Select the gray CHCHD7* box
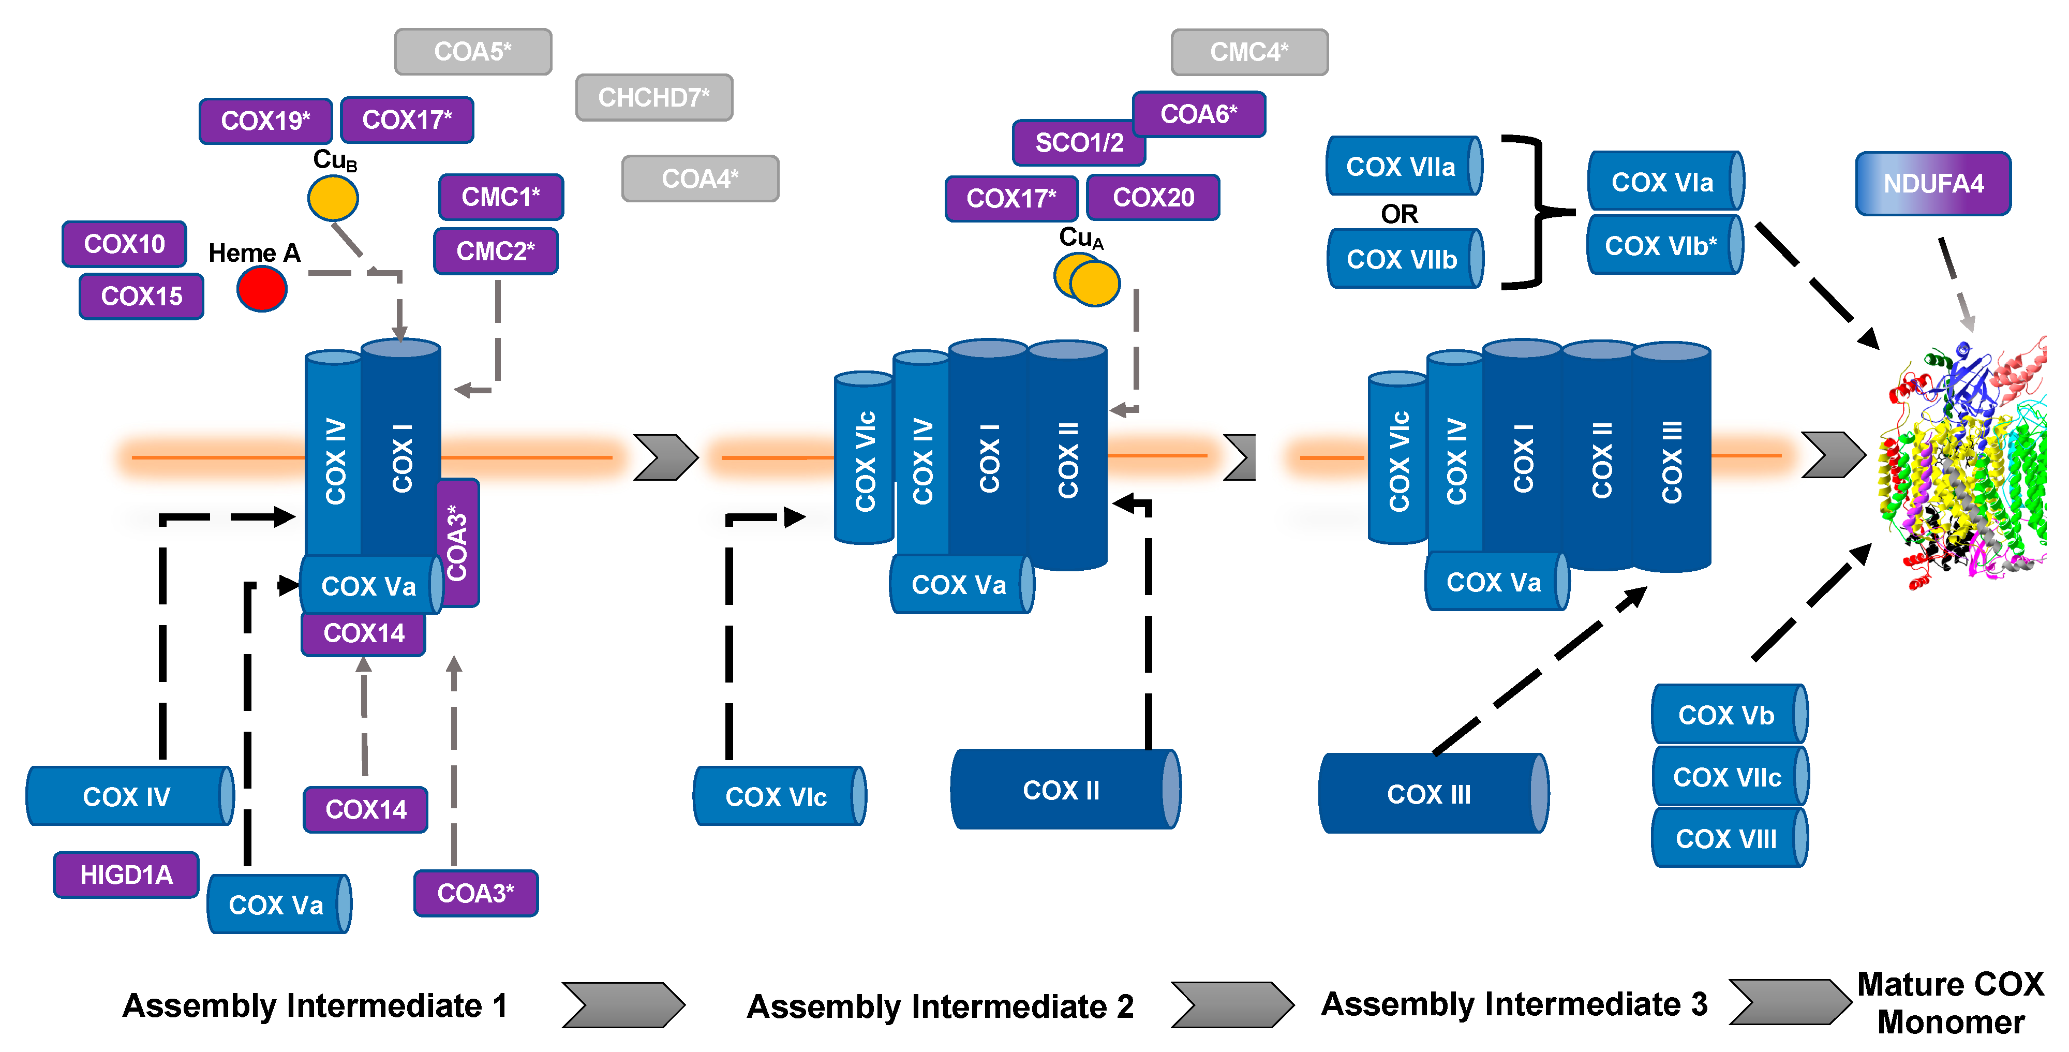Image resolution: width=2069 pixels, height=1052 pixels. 654,98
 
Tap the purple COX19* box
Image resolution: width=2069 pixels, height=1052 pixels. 265,121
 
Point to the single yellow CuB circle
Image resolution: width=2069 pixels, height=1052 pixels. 333,198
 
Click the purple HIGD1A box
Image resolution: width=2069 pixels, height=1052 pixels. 126,875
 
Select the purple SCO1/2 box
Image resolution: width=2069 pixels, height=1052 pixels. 1079,143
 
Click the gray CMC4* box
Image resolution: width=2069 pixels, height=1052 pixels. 1249,52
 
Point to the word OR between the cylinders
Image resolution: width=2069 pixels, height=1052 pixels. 1399,214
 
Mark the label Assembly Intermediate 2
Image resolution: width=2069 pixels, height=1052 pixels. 940,1006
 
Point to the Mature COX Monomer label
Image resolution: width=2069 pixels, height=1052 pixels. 1950,1003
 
